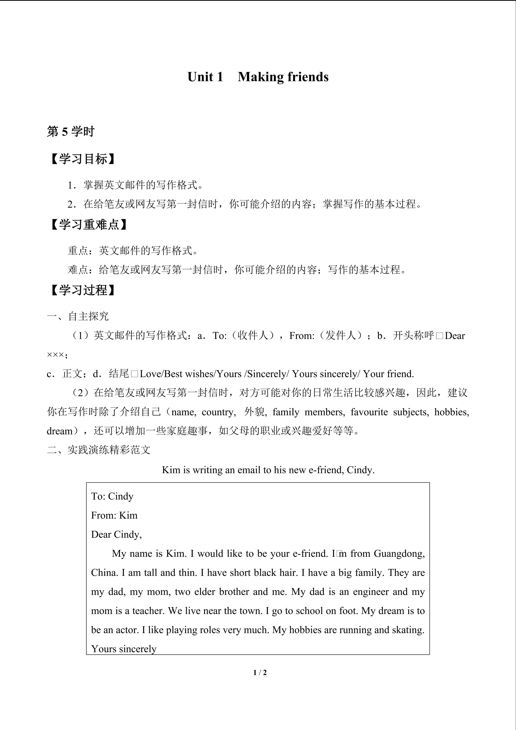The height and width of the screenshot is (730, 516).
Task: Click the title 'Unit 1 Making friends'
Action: pyautogui.click(x=258, y=77)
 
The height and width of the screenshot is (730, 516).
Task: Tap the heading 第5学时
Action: pyautogui.click(x=70, y=131)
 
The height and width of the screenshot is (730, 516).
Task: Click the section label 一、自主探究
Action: pyautogui.click(x=78, y=316)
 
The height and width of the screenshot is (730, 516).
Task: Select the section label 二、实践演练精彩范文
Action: pyautogui.click(x=99, y=450)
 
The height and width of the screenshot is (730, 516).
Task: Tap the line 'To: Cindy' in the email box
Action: pyautogui.click(x=112, y=496)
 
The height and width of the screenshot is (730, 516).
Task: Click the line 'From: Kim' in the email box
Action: pyautogui.click(x=114, y=515)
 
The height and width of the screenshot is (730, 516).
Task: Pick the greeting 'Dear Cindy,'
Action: pyautogui.click(x=116, y=534)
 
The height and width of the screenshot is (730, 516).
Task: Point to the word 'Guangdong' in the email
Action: pyautogui.click(x=399, y=554)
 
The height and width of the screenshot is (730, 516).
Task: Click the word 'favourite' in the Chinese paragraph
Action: pyautogui.click(x=369, y=412)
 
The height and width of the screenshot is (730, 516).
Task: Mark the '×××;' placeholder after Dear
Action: pyautogui.click(x=57, y=355)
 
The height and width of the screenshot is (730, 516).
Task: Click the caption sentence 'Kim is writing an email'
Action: pyautogui.click(x=268, y=470)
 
